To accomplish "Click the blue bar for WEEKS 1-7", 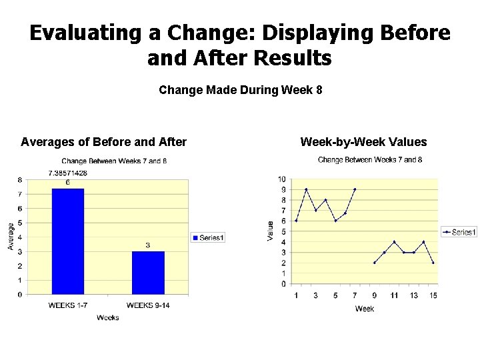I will pos(68,241).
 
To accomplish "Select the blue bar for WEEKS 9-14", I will pos(148,273).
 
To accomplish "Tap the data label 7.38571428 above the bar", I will pos(68,173).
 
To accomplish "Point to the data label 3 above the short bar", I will pos(148,245).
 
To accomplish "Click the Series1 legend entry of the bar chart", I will pos(209,238).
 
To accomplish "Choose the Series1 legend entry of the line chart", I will pos(459,232).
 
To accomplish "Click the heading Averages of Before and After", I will pos(103,141).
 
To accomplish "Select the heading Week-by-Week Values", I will pos(363,141).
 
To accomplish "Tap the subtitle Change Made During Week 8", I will pos(240,89).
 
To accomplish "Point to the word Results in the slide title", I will pos(298,59).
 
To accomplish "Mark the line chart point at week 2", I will pos(306,189).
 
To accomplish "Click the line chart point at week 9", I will pos(375,263).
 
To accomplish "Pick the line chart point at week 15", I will pos(433,263).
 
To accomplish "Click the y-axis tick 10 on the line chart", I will pos(282,179).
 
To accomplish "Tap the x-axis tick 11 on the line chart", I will pos(394,295).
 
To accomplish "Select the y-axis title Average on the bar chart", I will pos(11,237).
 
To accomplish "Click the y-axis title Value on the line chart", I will pos(271,231).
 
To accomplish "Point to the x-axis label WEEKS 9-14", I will pos(147,305).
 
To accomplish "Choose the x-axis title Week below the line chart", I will pos(365,309).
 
